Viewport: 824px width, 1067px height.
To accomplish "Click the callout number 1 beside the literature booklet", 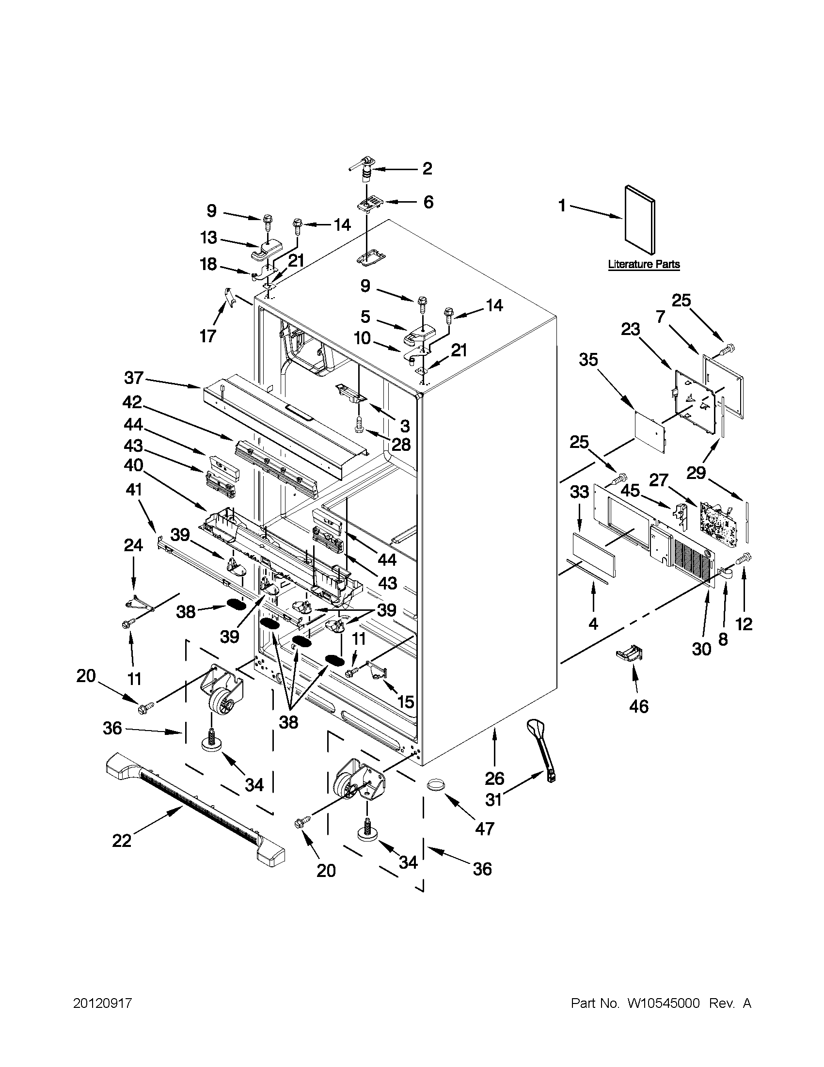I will click(x=562, y=206).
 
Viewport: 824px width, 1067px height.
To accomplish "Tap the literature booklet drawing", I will click(x=640, y=220).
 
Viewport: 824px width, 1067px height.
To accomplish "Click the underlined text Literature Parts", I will click(x=644, y=264).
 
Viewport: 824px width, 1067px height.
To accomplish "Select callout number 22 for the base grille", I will click(x=122, y=841).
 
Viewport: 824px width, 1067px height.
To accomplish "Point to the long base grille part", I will click(x=195, y=811).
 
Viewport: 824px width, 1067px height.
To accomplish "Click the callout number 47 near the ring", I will click(x=485, y=828).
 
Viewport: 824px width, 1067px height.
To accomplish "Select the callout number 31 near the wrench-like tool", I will click(x=495, y=799).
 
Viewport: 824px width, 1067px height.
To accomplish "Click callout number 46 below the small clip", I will click(x=639, y=706).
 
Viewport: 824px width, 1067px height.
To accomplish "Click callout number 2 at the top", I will click(x=427, y=169).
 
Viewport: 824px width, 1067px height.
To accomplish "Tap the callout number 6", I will click(x=428, y=202).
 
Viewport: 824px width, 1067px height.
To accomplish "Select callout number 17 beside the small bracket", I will click(x=207, y=336).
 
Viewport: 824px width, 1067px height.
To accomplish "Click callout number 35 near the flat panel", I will click(x=588, y=360).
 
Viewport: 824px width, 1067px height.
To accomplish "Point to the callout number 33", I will click(x=579, y=492).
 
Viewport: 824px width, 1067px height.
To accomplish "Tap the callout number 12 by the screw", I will click(x=744, y=624).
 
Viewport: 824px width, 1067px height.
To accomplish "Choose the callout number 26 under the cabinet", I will click(x=495, y=778).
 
